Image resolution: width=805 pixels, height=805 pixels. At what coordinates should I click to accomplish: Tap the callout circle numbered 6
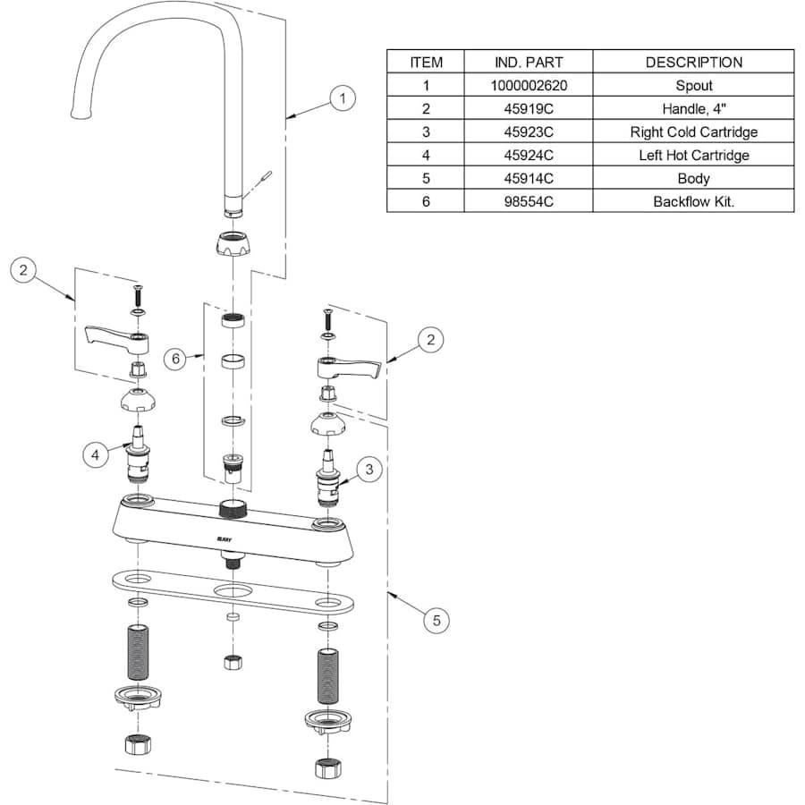click(176, 358)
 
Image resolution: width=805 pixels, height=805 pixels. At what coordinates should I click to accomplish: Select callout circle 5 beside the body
click(436, 620)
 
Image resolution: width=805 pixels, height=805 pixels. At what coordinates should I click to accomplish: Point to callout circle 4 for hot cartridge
click(96, 455)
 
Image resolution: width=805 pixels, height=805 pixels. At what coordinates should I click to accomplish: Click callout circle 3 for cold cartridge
click(368, 469)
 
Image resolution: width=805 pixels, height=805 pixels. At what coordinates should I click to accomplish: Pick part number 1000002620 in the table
click(528, 86)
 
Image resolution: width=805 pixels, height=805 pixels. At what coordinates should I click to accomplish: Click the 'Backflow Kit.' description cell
click(693, 201)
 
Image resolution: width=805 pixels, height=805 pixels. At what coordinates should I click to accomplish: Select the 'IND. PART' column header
click(528, 63)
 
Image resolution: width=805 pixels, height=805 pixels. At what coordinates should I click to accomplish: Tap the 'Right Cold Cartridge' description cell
click(693, 132)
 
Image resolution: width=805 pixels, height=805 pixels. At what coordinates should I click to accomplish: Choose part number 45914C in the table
click(528, 178)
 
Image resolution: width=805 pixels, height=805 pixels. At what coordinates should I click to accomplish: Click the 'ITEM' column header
click(426, 63)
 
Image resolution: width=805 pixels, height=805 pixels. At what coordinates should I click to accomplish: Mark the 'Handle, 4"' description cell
click(693, 109)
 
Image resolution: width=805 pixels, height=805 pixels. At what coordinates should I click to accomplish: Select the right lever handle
click(349, 365)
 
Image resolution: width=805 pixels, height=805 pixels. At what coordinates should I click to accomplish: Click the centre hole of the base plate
click(232, 591)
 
